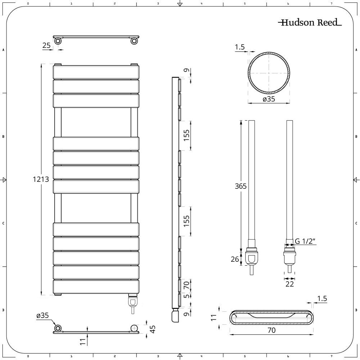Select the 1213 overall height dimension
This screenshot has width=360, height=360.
point(41,179)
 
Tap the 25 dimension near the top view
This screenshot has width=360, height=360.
point(46,45)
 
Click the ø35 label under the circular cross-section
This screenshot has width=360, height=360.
point(269,99)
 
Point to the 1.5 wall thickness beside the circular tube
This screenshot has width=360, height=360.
point(240,47)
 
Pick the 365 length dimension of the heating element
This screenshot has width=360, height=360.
point(240,186)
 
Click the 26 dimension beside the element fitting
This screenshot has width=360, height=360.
point(235,259)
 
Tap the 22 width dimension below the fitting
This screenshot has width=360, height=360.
point(289,284)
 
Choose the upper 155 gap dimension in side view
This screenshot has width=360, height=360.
point(186,135)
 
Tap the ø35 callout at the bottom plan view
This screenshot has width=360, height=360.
point(42,315)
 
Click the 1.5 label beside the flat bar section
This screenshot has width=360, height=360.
point(323,298)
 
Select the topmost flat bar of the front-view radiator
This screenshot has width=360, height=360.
point(96,72)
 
